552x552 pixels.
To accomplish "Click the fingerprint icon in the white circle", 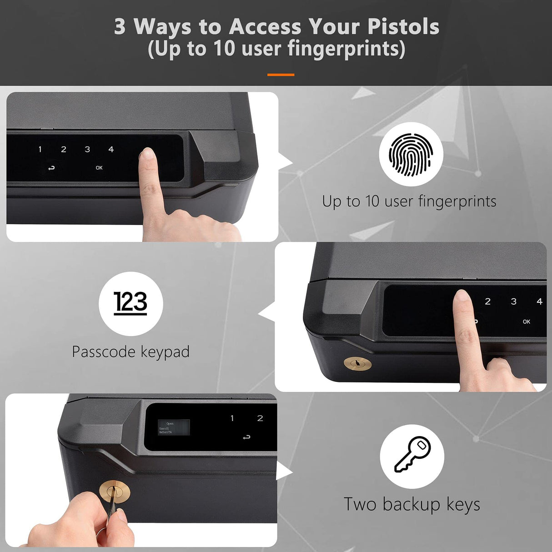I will (411, 155).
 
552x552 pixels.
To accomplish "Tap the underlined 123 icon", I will (130, 303).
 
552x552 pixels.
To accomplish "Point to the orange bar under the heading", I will (281, 75).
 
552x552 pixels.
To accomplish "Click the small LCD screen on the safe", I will (173, 427).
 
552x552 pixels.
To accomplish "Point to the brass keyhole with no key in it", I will (357, 363).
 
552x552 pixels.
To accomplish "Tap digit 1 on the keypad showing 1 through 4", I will (40, 149).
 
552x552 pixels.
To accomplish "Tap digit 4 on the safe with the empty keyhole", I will (539, 301).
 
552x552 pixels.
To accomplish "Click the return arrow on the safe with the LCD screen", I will (246, 437).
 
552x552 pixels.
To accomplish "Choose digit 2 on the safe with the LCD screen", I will (260, 418).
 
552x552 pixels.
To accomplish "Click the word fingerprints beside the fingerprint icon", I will (457, 201).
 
